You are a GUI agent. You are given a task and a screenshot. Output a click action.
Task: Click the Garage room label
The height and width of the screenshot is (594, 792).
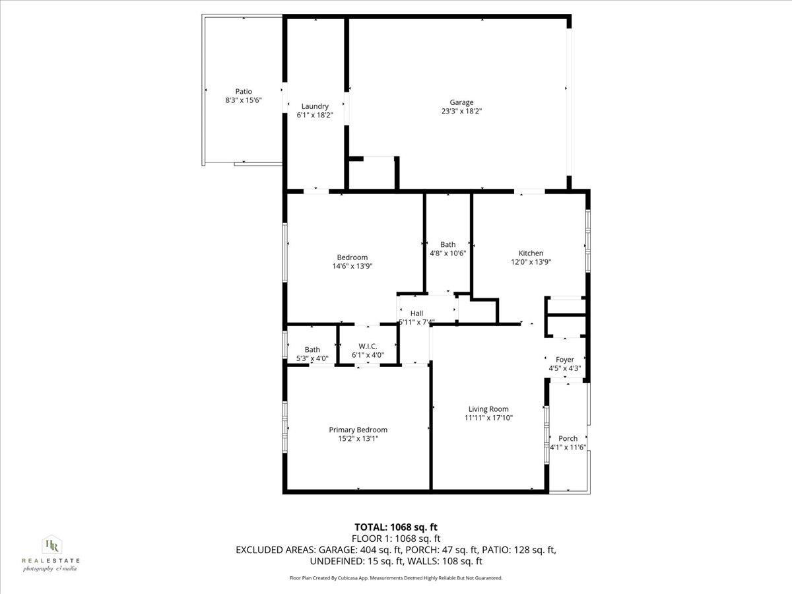pyautogui.click(x=461, y=102)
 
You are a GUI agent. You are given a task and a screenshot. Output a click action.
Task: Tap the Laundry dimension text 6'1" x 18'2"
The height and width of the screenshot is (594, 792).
pyautogui.click(x=315, y=115)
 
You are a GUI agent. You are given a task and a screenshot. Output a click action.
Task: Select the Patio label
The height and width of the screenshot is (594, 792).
pyautogui.click(x=244, y=92)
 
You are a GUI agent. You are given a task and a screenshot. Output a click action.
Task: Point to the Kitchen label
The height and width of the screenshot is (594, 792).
pyautogui.click(x=531, y=253)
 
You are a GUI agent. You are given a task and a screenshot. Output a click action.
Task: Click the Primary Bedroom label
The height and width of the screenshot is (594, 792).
pyautogui.click(x=358, y=430)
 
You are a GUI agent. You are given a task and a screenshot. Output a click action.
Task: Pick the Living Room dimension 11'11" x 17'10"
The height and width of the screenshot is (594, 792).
pyautogui.click(x=488, y=418)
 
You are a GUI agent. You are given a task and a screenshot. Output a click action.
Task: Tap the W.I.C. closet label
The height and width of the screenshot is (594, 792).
pyautogui.click(x=368, y=346)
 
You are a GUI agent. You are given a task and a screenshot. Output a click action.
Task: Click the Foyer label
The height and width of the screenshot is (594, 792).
pyautogui.click(x=564, y=360)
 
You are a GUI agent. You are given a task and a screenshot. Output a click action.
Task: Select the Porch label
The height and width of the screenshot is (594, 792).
pyautogui.click(x=568, y=438)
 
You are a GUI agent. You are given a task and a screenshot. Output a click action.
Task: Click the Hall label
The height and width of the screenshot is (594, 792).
pyautogui.click(x=416, y=313)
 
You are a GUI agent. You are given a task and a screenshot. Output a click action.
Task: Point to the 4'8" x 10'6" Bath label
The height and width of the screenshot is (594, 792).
pyautogui.click(x=447, y=244)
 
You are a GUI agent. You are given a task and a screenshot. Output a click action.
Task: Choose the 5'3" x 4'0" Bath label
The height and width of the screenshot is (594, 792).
pyautogui.click(x=312, y=350)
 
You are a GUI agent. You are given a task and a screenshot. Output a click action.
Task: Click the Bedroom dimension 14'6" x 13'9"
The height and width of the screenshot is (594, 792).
pyautogui.click(x=352, y=267)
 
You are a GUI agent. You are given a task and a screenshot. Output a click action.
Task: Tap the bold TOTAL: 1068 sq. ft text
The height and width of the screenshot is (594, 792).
pyautogui.click(x=396, y=527)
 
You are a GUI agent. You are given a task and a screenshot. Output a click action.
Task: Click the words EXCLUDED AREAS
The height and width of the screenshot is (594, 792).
pyautogui.click(x=276, y=550)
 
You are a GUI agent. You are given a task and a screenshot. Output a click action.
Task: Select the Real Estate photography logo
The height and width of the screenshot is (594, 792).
pyautogui.click(x=51, y=553)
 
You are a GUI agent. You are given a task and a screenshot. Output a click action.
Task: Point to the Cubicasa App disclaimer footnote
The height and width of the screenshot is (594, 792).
pyautogui.click(x=396, y=578)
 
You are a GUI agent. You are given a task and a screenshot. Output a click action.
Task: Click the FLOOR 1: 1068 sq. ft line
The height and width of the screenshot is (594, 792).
pyautogui.click(x=396, y=539)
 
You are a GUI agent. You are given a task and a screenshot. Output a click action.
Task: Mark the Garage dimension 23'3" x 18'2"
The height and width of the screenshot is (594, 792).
pyautogui.click(x=461, y=112)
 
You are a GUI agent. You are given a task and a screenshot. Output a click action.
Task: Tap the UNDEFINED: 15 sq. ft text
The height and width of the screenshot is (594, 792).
pyautogui.click(x=352, y=561)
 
